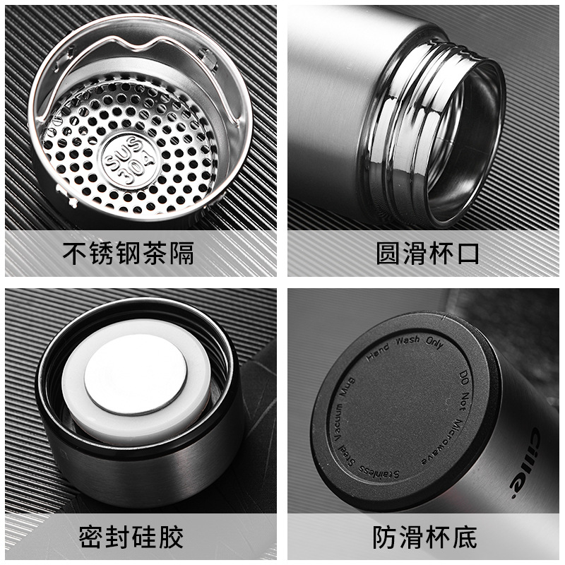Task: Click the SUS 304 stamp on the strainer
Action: [130, 160]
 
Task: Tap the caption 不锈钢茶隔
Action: [129, 254]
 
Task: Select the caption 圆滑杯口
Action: [428, 254]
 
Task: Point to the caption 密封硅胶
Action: [131, 537]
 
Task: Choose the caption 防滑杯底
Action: [425, 537]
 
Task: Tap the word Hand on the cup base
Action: [378, 352]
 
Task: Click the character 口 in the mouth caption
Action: [468, 254]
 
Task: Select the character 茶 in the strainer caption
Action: [155, 254]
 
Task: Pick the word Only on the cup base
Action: [434, 343]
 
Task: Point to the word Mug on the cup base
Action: [347, 387]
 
